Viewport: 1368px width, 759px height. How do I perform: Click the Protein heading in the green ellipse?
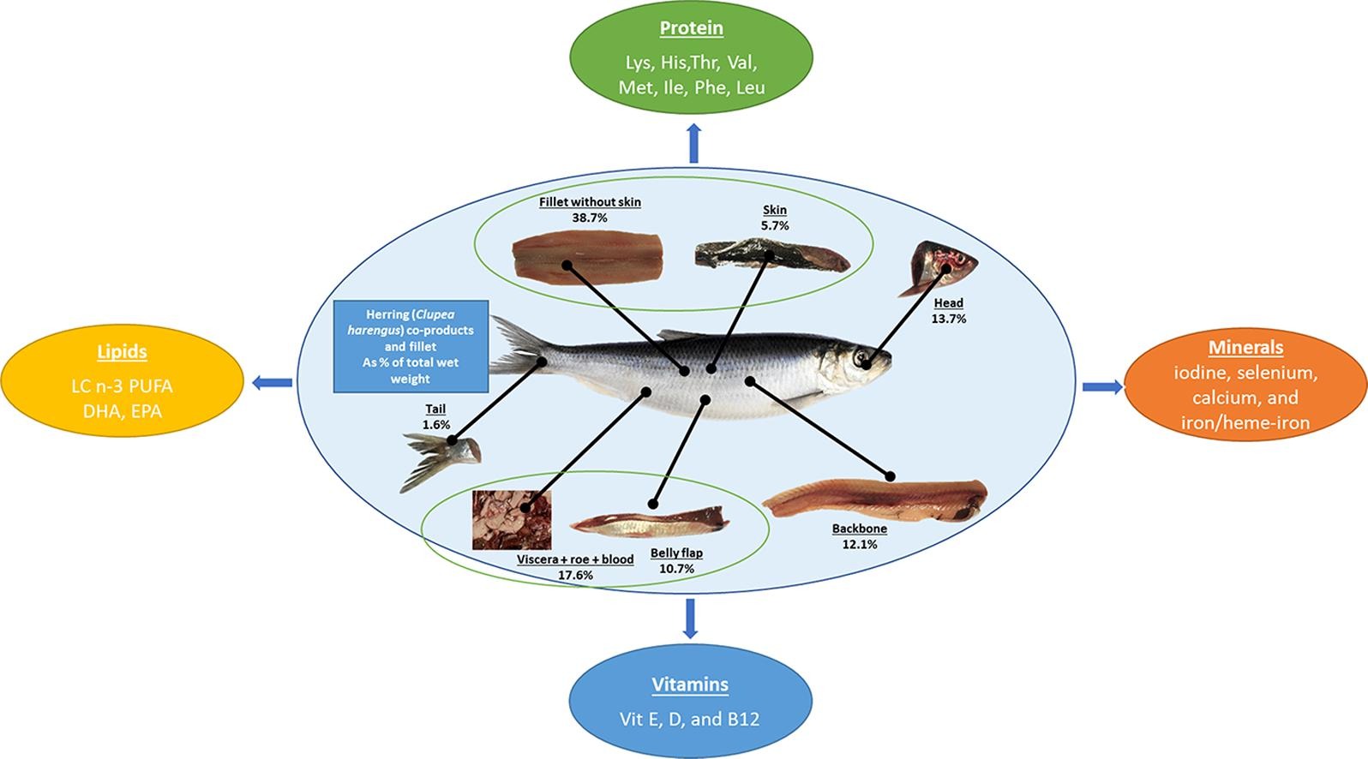tap(691, 28)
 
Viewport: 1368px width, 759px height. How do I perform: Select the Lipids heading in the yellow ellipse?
tap(122, 352)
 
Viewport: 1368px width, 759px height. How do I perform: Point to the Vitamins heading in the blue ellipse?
tap(690, 684)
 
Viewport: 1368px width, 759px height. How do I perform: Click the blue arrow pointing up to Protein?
tap(693, 142)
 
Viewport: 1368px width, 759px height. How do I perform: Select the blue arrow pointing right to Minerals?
tap(1102, 387)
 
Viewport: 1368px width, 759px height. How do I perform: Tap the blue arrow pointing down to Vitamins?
tap(690, 619)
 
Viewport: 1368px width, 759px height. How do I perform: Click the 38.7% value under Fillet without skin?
tap(590, 218)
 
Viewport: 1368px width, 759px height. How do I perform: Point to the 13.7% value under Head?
tap(948, 319)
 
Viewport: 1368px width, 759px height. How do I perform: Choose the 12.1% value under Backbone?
tap(859, 544)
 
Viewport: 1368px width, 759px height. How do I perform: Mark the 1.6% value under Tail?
tap(435, 425)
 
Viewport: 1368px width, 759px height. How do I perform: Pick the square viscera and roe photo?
tap(512, 519)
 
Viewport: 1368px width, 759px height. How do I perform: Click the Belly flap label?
tap(676, 553)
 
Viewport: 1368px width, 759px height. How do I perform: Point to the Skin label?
tap(775, 210)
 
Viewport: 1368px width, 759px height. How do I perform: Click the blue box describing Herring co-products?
tap(411, 346)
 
